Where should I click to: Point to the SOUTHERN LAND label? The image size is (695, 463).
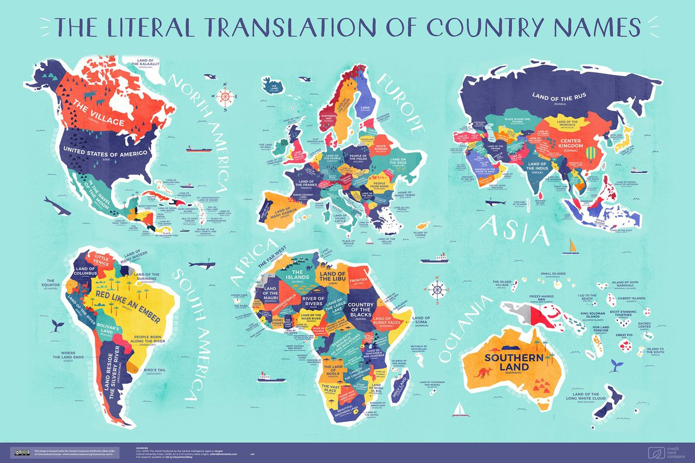tap(507, 362)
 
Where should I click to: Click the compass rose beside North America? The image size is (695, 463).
tap(226, 97)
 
